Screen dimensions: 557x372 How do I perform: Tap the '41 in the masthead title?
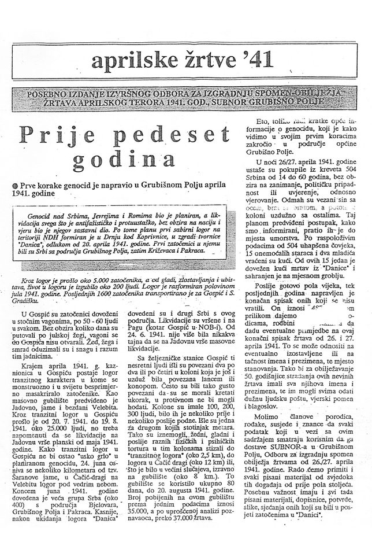click(x=252, y=59)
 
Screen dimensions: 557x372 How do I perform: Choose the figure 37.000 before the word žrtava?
click(x=172, y=526)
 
